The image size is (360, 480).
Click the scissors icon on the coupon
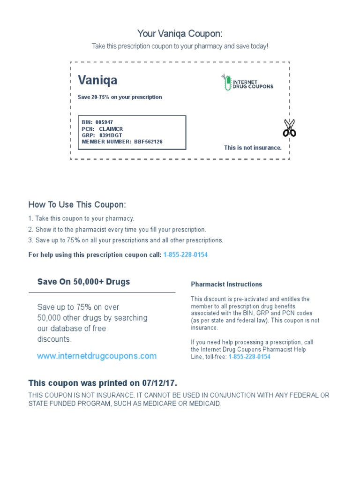pos(289,127)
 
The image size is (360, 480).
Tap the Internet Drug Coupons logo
pos(247,82)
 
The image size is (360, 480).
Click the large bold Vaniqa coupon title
pos(97,80)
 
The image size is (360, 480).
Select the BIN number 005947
pos(104,122)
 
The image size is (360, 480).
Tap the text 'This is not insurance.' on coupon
pos(253,148)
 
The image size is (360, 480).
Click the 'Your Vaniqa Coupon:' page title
pos(180,34)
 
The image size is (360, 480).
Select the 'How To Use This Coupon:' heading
pos(77,205)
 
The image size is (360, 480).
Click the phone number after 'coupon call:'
pos(185,255)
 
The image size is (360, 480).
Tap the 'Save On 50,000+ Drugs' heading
pos(83,282)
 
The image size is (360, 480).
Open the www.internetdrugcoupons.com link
pos(97,356)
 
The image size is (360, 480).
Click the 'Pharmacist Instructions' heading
pos(226,285)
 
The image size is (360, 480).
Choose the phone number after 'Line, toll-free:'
pos(249,357)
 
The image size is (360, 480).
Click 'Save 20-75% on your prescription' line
pos(120,97)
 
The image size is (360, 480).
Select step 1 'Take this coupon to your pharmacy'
pos(81,218)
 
